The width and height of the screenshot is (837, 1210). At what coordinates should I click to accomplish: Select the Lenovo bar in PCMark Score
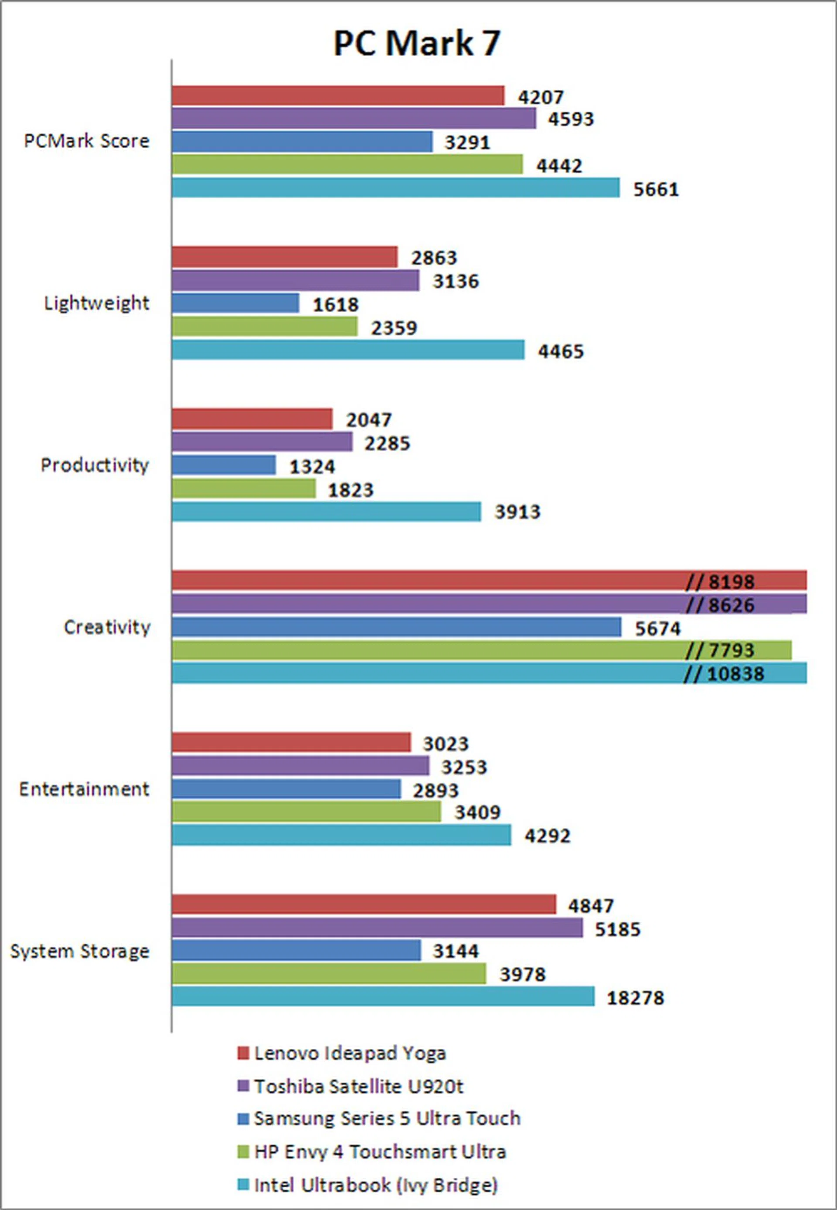[x=338, y=96]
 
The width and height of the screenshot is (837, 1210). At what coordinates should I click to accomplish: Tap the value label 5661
[x=656, y=189]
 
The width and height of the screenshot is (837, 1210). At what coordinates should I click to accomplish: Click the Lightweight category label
[x=96, y=303]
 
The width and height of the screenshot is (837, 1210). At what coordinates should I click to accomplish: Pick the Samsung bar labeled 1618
[x=235, y=303]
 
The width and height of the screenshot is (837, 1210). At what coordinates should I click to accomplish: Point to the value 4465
[x=561, y=351]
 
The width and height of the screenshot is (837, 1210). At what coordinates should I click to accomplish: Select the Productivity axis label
[x=95, y=465]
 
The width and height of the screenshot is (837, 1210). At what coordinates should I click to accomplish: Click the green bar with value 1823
[x=244, y=489]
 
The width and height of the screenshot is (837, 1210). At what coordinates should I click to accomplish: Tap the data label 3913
[x=517, y=512]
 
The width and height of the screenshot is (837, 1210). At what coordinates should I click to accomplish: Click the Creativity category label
[x=107, y=627]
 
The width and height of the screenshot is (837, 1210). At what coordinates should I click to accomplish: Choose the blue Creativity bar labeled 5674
[x=396, y=627]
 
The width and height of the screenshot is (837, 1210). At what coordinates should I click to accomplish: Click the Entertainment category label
[x=84, y=789]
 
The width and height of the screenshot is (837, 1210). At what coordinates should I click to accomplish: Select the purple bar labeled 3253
[x=300, y=766]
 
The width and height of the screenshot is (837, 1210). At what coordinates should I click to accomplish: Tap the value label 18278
[x=635, y=998]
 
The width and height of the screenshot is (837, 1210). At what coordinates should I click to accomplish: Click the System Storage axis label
[x=80, y=951]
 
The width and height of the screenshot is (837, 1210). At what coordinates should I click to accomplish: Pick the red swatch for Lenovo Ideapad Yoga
[x=243, y=1053]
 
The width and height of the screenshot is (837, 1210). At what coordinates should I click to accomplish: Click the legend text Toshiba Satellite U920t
[x=359, y=1086]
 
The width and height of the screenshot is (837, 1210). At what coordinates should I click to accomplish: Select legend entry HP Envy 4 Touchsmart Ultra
[x=380, y=1152]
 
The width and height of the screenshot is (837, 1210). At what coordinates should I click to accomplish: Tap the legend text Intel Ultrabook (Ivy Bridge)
[x=375, y=1184]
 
